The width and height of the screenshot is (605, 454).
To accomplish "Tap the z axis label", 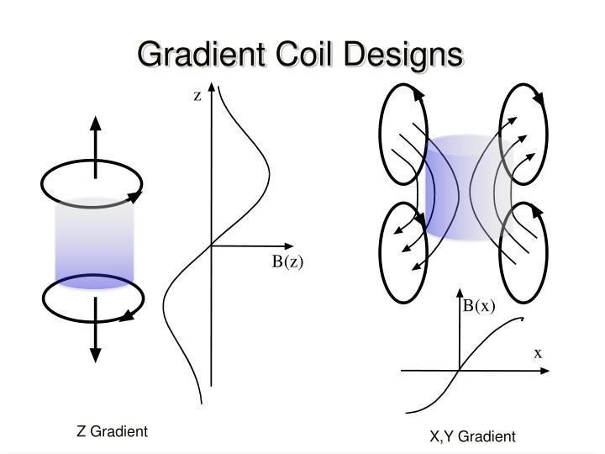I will (x=198, y=96).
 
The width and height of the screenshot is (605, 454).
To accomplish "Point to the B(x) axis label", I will (x=480, y=306).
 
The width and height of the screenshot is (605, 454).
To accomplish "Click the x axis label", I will (x=538, y=353).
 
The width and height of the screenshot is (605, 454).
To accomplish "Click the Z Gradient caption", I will (x=112, y=431).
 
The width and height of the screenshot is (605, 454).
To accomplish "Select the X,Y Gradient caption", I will (x=472, y=436).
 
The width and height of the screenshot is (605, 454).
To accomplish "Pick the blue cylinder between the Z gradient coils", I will (x=94, y=242).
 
